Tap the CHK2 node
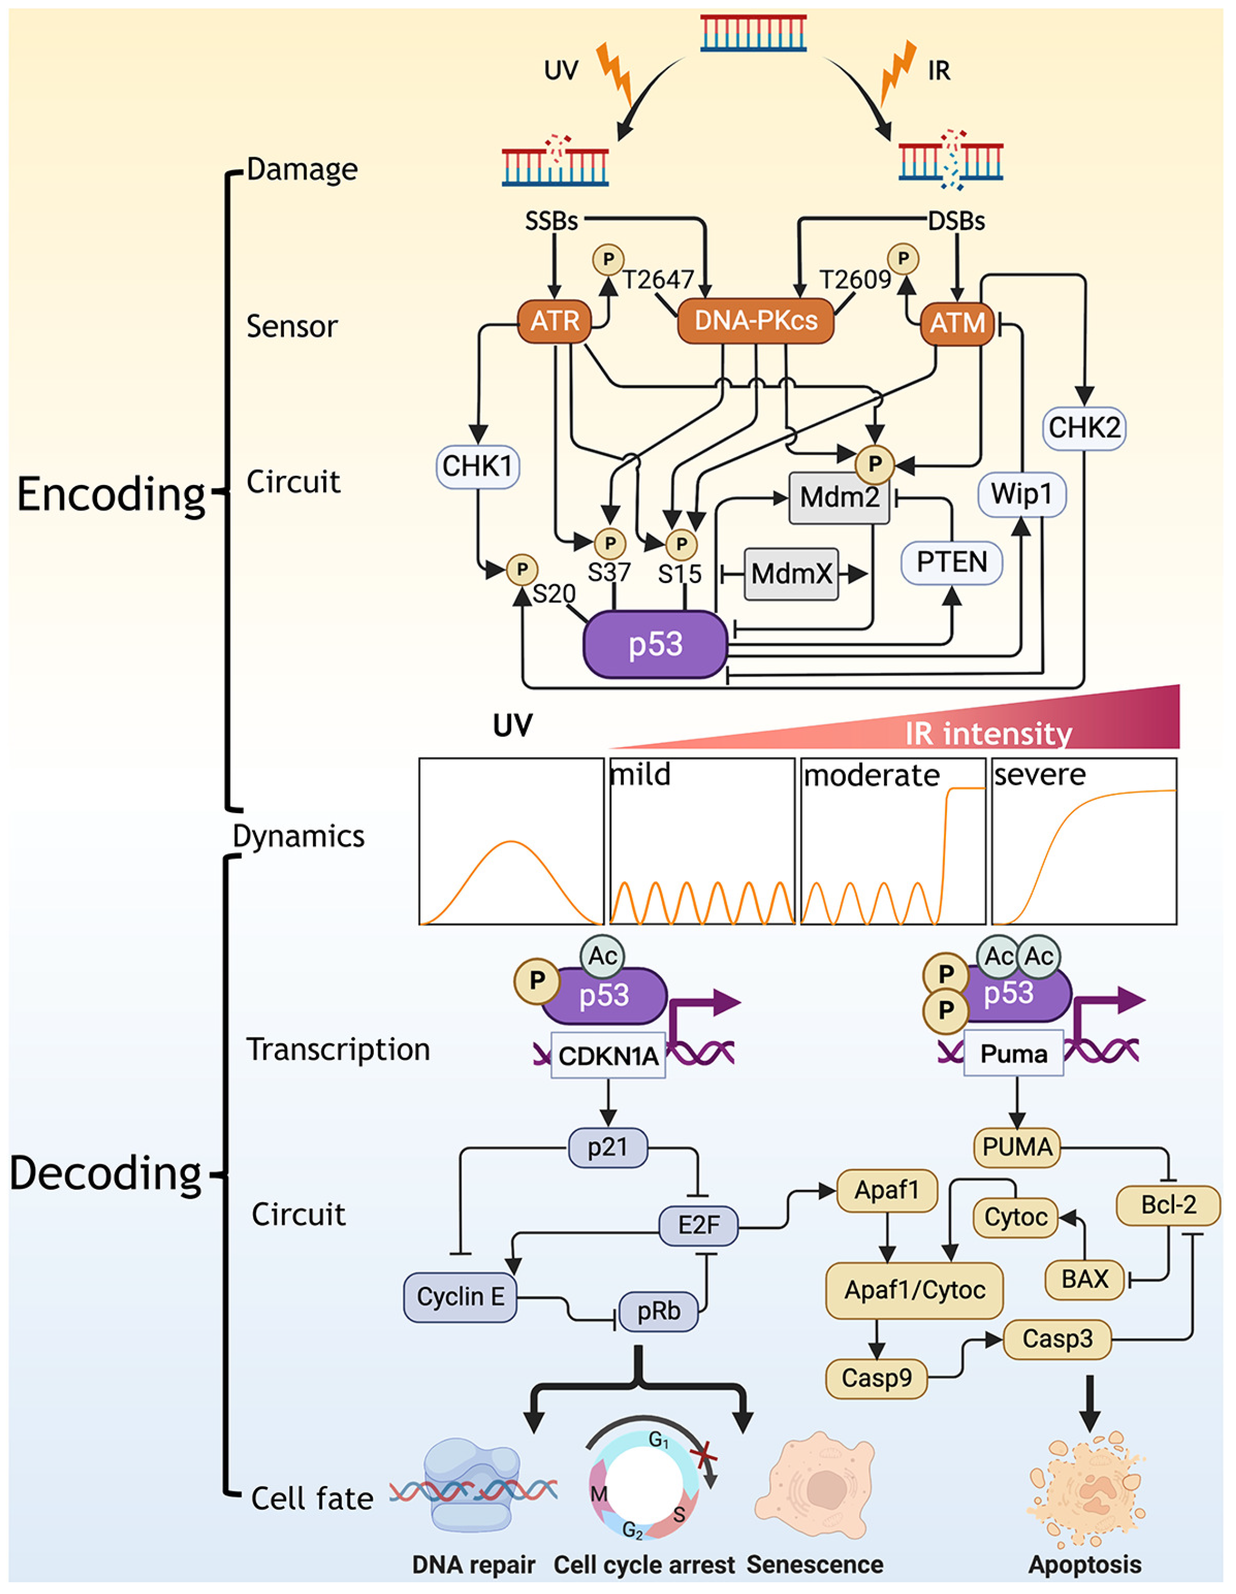coord(1083,428)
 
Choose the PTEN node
coord(951,562)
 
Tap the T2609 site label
coord(855,280)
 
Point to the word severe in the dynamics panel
coord(1040,774)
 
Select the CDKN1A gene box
coord(608,1055)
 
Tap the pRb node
coord(658,1311)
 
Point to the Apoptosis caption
coord(1085,1564)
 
